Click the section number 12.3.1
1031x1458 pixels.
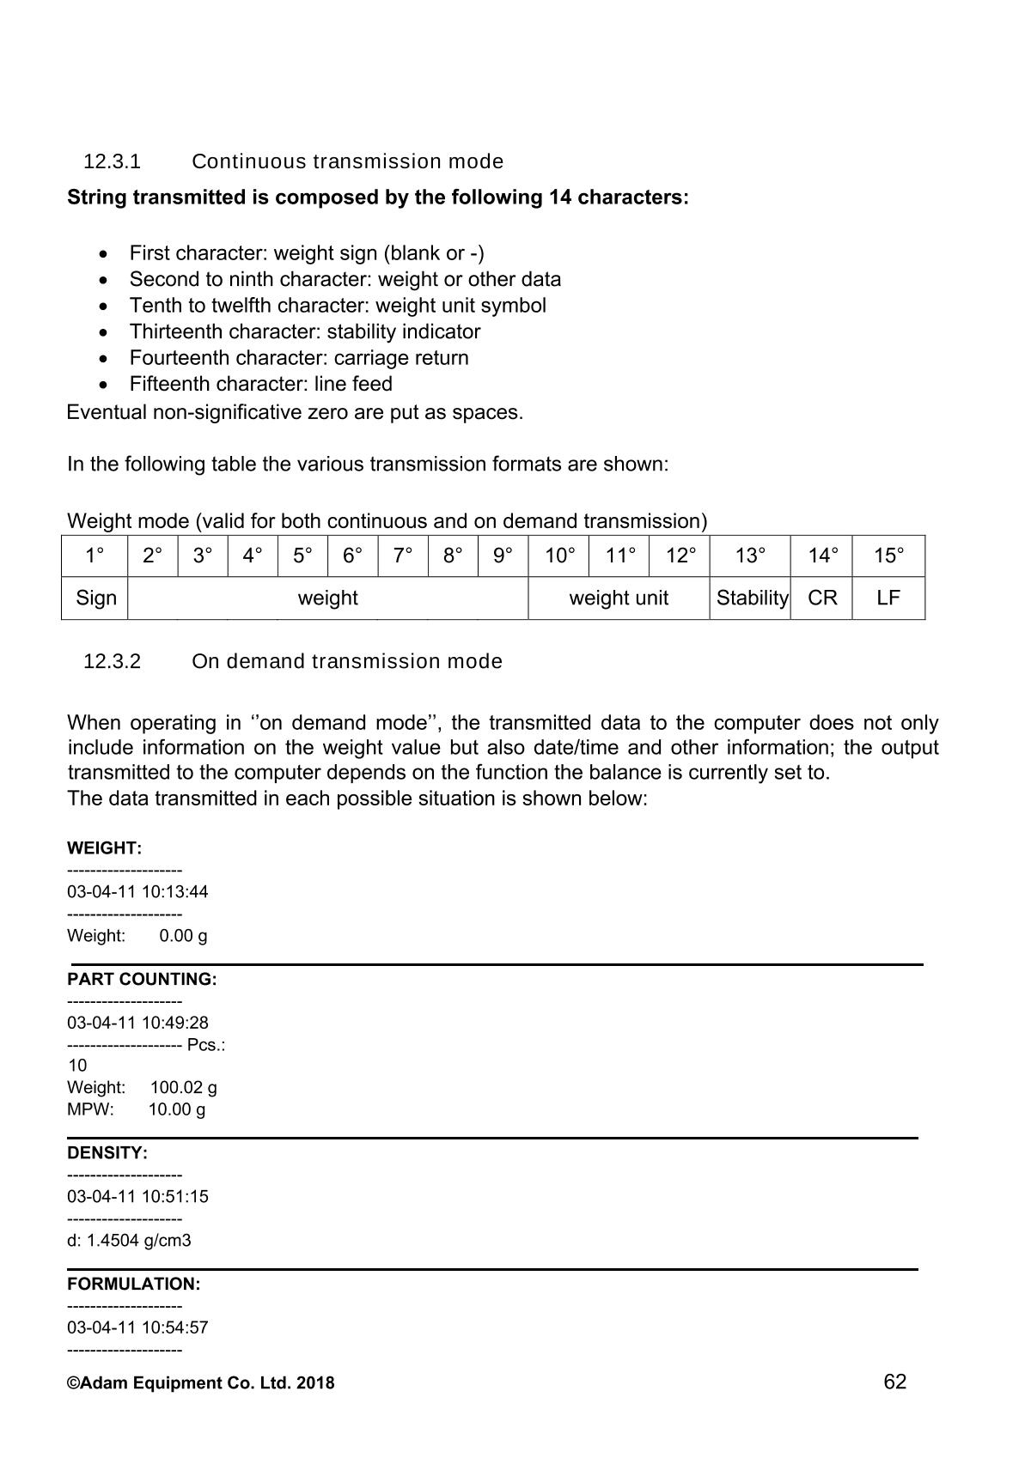(x=112, y=161)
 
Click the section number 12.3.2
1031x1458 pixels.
(x=112, y=661)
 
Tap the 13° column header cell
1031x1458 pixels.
(x=750, y=556)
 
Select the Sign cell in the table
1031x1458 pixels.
(x=95, y=598)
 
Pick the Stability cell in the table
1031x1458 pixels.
(x=752, y=598)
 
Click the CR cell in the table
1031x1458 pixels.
(x=822, y=598)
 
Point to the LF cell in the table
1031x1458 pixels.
(x=888, y=598)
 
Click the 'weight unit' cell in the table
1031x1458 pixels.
(x=619, y=598)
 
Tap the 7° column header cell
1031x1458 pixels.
(x=403, y=556)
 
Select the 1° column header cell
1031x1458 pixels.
(x=95, y=556)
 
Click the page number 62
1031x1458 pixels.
(x=894, y=1382)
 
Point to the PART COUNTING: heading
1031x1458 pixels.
(x=142, y=979)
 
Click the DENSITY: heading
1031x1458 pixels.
(x=107, y=1152)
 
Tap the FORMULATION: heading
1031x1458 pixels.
(x=133, y=1284)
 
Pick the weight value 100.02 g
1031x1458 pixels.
(x=183, y=1087)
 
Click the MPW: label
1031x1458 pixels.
(x=90, y=1109)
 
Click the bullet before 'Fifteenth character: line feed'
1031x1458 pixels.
(x=104, y=385)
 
